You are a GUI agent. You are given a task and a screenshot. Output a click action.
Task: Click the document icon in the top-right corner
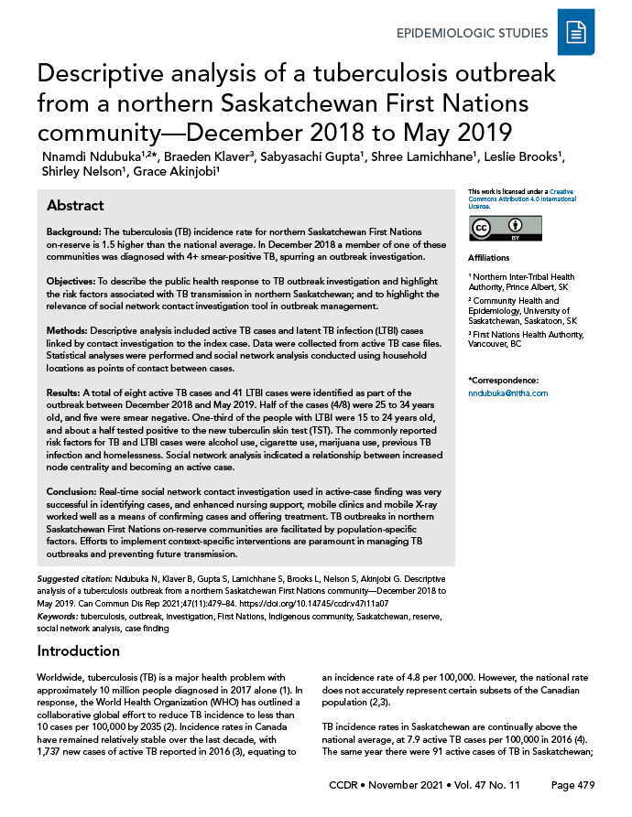click(576, 34)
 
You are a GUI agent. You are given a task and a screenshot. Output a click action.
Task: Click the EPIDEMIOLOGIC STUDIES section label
click(472, 34)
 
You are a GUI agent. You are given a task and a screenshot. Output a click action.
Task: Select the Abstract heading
click(75, 206)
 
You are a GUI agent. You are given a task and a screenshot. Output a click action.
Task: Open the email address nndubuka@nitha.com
click(507, 392)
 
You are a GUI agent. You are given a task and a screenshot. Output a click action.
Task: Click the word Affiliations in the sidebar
click(488, 258)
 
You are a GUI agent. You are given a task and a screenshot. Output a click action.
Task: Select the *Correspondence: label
click(502, 380)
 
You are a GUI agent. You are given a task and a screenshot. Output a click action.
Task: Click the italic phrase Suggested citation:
click(75, 579)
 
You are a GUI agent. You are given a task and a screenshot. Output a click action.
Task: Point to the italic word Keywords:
click(58, 618)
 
